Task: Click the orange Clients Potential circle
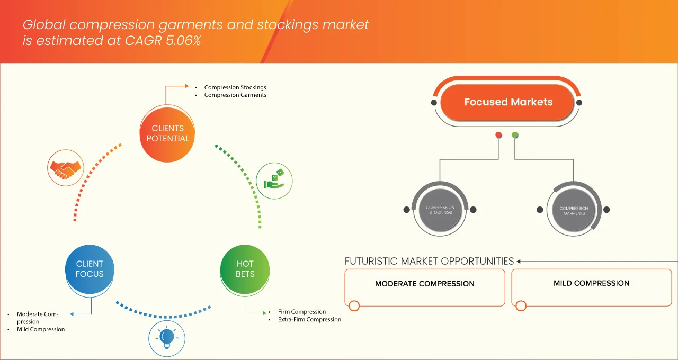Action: (x=167, y=133)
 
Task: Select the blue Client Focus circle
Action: (x=90, y=269)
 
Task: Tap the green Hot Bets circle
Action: (x=245, y=269)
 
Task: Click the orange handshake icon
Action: (x=65, y=168)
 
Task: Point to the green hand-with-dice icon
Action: (x=274, y=181)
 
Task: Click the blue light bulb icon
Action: (x=167, y=338)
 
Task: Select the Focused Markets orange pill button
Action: (x=507, y=102)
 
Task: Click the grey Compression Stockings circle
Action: (x=440, y=210)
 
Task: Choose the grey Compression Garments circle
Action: (x=574, y=211)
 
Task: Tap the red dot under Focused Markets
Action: (x=498, y=135)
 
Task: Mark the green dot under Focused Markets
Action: (x=515, y=135)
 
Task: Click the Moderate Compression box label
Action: (x=425, y=284)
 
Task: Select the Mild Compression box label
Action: (x=592, y=283)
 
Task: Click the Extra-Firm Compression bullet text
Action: (x=309, y=319)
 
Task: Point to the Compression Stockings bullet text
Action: (x=235, y=87)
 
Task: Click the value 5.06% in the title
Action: (x=183, y=41)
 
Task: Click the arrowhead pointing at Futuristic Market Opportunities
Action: (x=519, y=262)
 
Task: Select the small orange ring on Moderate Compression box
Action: (x=354, y=305)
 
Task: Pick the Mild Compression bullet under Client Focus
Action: (x=41, y=329)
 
